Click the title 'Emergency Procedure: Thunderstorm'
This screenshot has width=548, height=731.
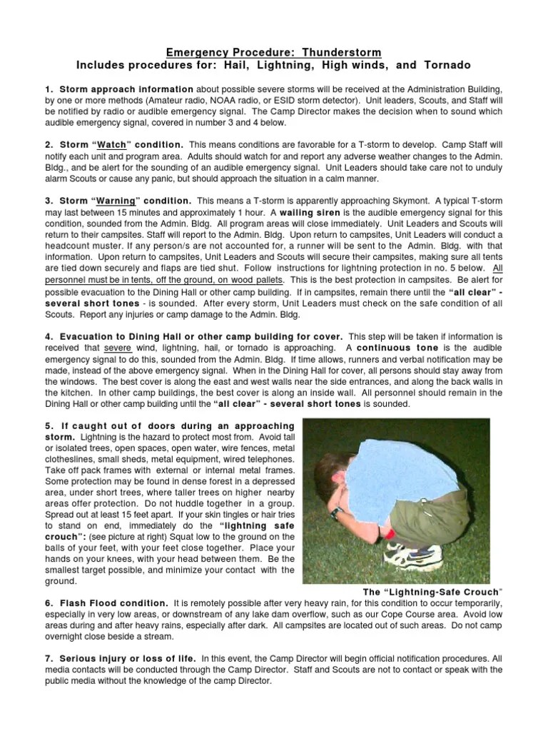click(x=274, y=53)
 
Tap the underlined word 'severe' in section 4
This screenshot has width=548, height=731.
click(x=118, y=347)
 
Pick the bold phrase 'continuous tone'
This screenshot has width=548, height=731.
click(x=386, y=347)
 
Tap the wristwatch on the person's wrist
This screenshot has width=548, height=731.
click(x=333, y=511)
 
